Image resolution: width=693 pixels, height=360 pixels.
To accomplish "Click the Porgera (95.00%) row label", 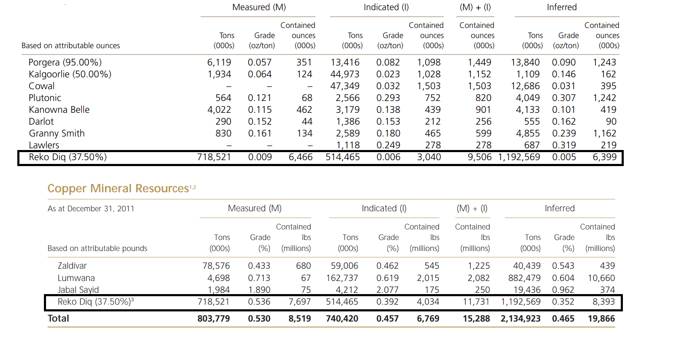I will tap(65, 63).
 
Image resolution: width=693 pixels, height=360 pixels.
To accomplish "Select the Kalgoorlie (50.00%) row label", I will tap(70, 74).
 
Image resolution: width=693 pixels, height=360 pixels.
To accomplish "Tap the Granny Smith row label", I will tap(57, 134).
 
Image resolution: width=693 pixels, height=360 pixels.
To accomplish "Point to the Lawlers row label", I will tap(44, 145).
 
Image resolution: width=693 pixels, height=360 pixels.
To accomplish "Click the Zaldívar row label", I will tap(72, 266).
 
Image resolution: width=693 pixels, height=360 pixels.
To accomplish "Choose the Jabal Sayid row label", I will tap(78, 290).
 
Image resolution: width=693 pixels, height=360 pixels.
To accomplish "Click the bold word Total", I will tap(58, 319).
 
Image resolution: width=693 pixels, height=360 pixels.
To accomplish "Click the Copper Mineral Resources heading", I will tap(118, 188).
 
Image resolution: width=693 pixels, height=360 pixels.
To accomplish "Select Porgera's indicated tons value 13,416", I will tap(345, 63).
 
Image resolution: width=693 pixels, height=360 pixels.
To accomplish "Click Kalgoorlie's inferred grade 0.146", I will tap(564, 74).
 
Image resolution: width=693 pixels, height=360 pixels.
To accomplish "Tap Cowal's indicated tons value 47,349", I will tap(345, 86).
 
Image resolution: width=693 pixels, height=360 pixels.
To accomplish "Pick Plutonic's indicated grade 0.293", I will tap(388, 98).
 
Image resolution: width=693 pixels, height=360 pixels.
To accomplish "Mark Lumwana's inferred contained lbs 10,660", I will tap(601, 278).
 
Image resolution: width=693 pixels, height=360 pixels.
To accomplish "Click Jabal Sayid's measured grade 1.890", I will tap(259, 290).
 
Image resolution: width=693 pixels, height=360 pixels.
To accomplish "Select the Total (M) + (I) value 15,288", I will tap(476, 319).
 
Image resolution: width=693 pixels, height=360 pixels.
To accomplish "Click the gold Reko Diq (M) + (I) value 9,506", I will tap(480, 157).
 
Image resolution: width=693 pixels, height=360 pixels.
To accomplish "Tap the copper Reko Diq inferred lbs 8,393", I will tap(603, 302).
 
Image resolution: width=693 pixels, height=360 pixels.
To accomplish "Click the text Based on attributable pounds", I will tap(98, 248).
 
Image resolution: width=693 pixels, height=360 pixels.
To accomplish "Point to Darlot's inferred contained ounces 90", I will tap(611, 122).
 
